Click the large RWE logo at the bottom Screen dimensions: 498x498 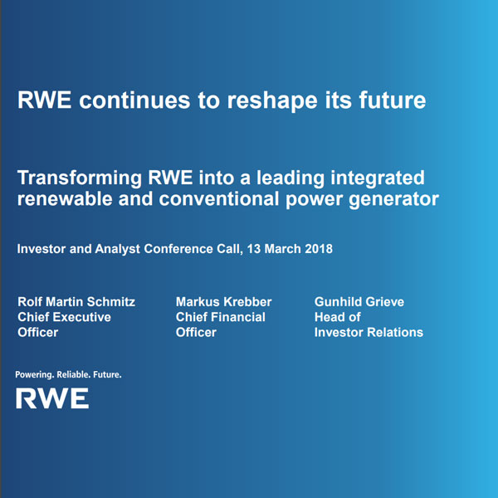(52, 399)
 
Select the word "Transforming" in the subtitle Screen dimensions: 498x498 (77, 178)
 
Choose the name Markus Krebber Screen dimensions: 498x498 (223, 301)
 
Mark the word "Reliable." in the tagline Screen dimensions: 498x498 (73, 375)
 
